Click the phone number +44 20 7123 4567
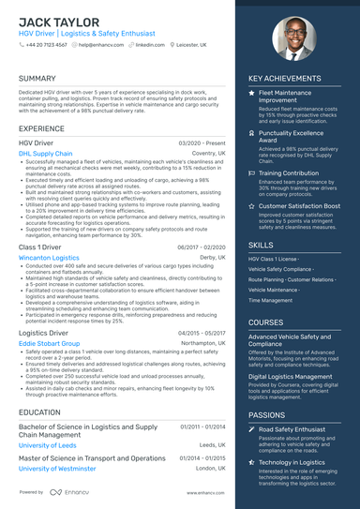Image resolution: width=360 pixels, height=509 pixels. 46,44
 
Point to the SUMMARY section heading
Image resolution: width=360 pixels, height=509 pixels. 37,79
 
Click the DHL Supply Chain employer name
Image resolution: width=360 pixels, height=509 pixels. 45,153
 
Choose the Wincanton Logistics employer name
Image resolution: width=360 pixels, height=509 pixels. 49,257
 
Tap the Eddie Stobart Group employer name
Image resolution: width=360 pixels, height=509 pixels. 50,344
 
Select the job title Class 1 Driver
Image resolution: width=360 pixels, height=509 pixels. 41,247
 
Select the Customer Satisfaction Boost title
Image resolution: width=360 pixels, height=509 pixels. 299,205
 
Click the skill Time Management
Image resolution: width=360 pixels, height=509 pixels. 271,300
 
